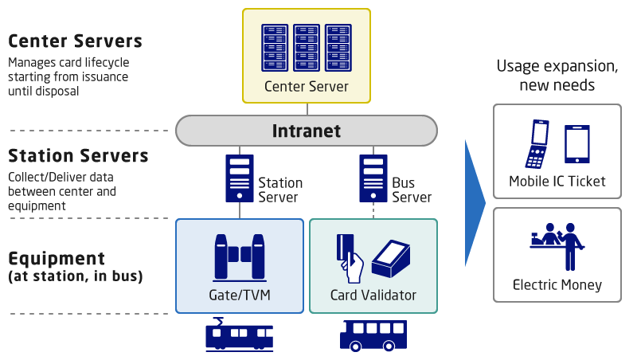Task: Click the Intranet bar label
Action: [307, 131]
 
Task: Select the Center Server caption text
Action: [307, 86]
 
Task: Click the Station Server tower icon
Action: [239, 178]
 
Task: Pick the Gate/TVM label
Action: [239, 295]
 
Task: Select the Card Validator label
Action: [373, 295]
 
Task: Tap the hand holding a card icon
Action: [350, 257]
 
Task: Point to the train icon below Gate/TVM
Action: [239, 335]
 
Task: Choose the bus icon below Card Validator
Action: [373, 335]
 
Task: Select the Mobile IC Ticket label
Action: [557, 182]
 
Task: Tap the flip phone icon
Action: [538, 143]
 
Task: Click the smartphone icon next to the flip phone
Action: [576, 143]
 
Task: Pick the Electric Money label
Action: [557, 285]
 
